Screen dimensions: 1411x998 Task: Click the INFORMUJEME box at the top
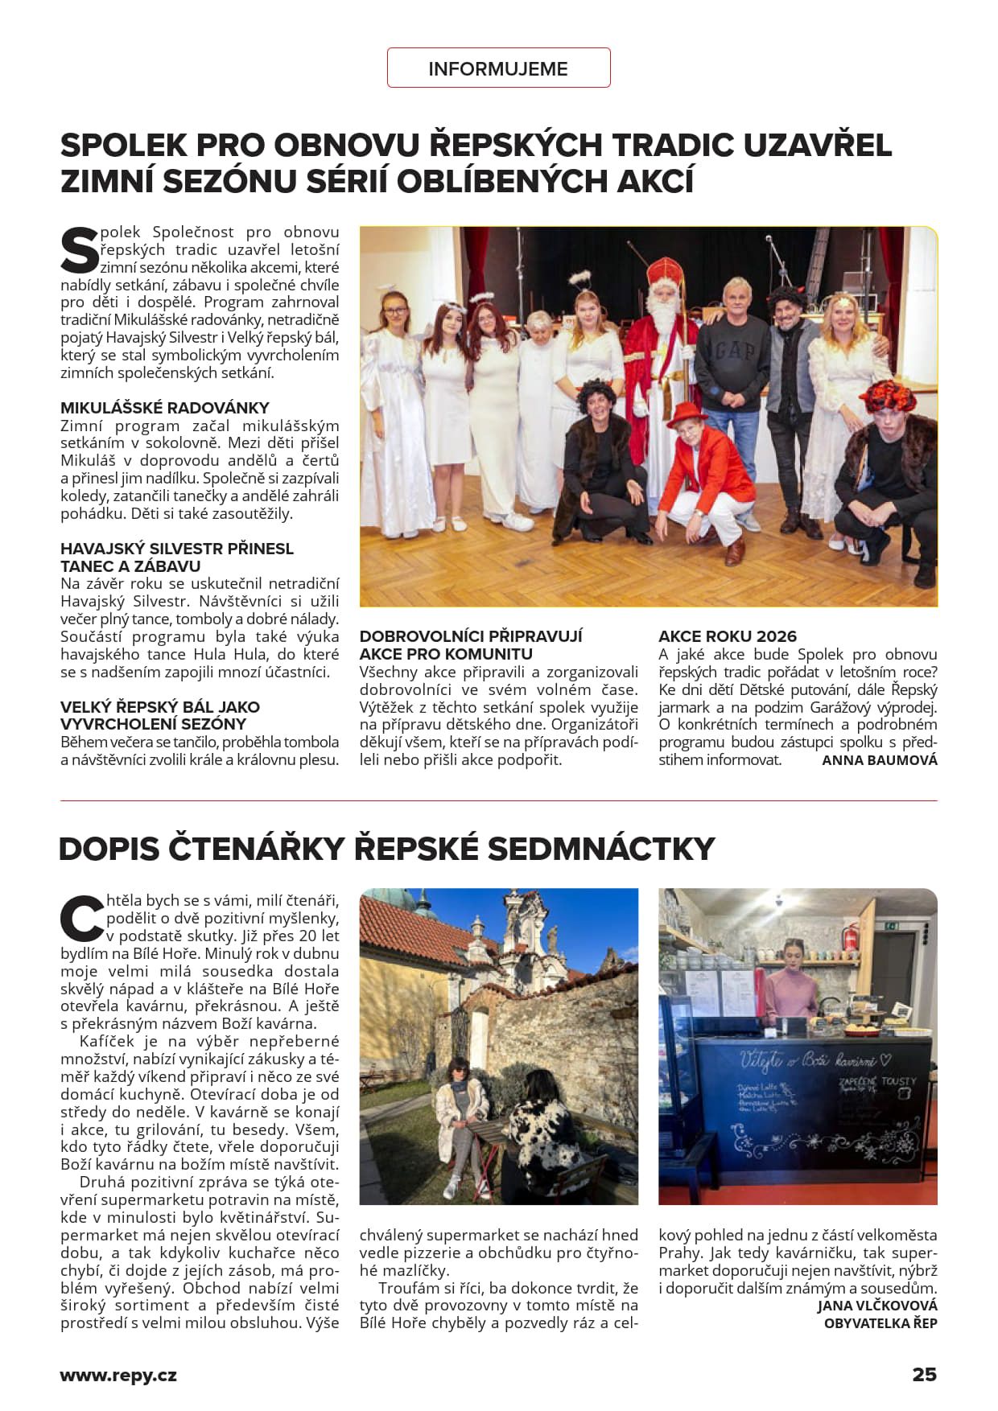coord(498,68)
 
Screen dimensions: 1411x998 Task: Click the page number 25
coord(924,1375)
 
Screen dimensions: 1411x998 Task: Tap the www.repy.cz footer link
coord(118,1376)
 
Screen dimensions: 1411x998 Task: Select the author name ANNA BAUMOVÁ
coord(879,760)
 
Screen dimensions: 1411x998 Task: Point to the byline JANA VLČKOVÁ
coord(876,1306)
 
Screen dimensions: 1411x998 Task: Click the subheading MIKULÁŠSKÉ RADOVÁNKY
coord(164,408)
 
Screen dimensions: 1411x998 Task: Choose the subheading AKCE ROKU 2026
coord(727,636)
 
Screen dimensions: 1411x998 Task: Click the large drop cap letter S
coord(79,250)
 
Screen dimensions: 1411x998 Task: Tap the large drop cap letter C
coord(81,918)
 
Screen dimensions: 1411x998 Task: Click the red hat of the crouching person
coord(687,413)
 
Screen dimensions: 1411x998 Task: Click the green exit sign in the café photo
coord(891,926)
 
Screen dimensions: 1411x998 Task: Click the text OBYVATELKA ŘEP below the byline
coord(880,1323)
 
